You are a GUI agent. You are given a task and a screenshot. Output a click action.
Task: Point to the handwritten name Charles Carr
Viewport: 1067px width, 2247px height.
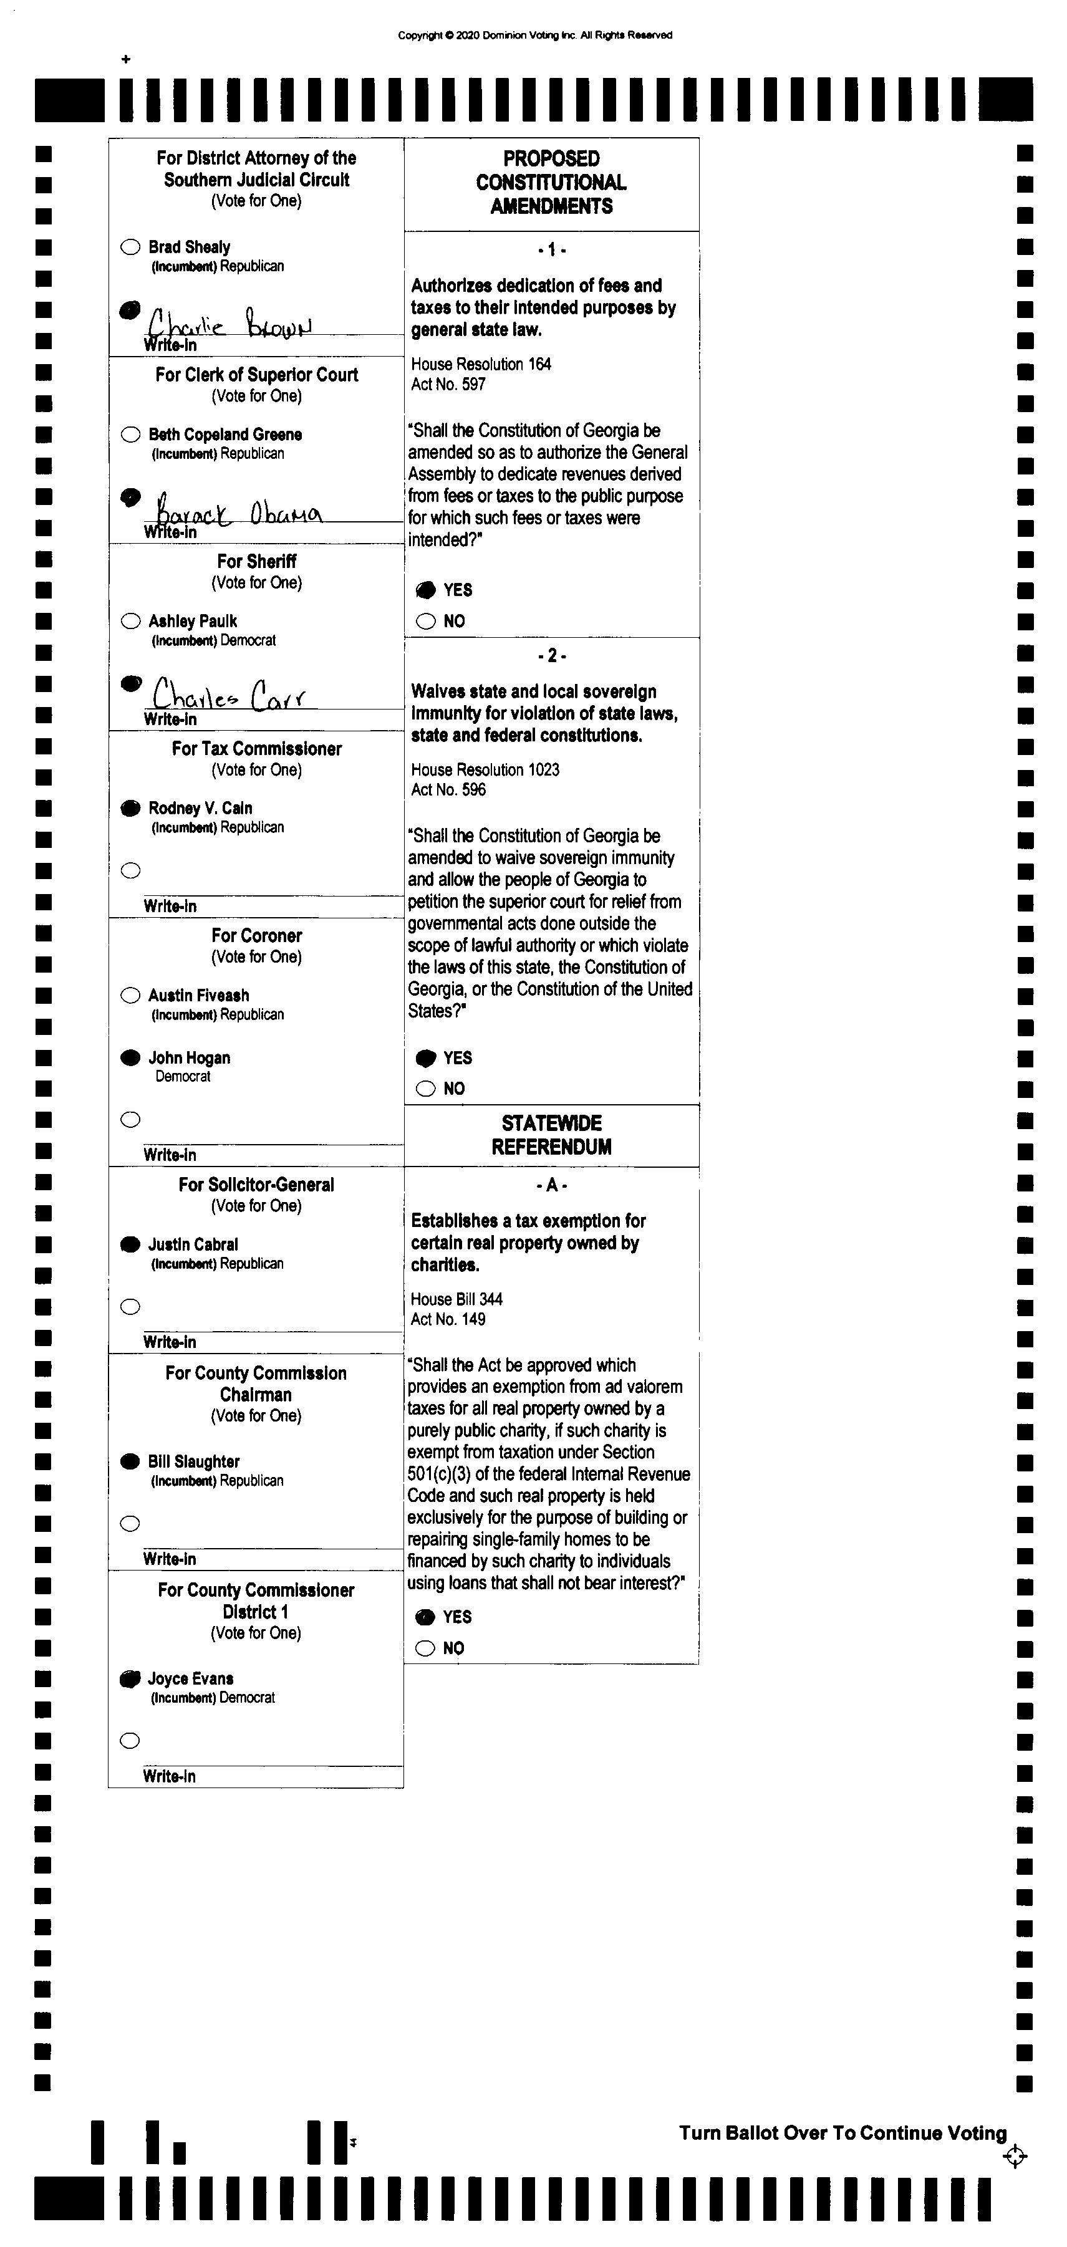pyautogui.click(x=229, y=695)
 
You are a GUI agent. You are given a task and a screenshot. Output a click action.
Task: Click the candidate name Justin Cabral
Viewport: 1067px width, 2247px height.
pyautogui.click(x=193, y=1244)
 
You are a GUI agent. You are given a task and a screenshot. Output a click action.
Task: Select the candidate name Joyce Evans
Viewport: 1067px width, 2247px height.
pyautogui.click(x=190, y=1678)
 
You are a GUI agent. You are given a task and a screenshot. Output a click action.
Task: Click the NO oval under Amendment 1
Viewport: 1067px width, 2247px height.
pyautogui.click(x=426, y=621)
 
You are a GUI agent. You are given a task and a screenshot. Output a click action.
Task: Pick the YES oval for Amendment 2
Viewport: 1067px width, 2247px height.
pyautogui.click(x=426, y=1058)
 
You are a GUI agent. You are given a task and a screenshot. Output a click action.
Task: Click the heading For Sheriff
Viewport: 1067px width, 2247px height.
pyautogui.click(x=256, y=561)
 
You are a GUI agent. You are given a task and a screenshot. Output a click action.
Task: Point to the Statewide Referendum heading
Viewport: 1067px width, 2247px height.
pyautogui.click(x=551, y=1135)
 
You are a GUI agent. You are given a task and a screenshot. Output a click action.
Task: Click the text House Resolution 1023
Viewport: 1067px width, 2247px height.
pyautogui.click(x=485, y=769)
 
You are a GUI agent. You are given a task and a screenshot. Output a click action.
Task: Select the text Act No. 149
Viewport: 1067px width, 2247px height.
pyautogui.click(x=448, y=1319)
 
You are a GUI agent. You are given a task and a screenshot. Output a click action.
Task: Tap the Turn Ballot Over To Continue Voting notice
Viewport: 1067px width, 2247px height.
pyautogui.click(x=842, y=2133)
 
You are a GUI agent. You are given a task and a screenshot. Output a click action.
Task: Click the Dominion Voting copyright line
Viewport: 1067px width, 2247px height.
pyautogui.click(x=535, y=35)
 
